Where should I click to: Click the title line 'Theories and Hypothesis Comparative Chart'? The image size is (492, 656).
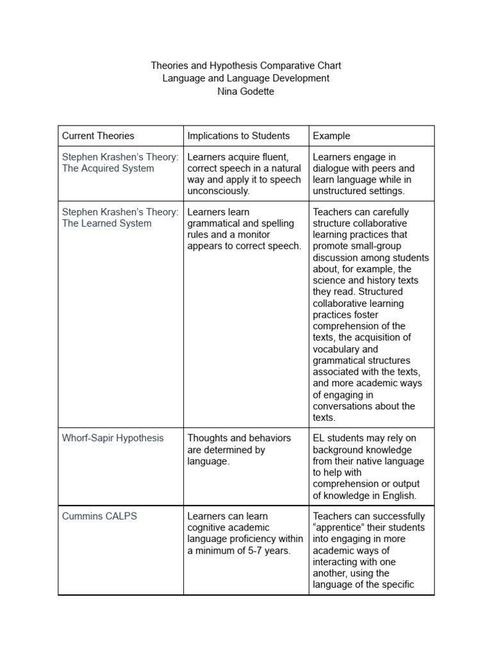[246, 65]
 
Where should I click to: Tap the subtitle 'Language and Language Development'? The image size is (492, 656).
[246, 78]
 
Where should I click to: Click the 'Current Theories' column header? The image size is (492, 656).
[98, 136]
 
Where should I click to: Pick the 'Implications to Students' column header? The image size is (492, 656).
[238, 136]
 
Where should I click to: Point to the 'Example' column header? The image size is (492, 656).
[331, 136]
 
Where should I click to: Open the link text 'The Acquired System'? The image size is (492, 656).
[108, 168]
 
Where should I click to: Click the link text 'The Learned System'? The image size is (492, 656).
[106, 224]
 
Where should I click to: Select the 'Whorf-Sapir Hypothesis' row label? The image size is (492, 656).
[113, 438]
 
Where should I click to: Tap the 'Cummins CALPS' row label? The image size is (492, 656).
[99, 516]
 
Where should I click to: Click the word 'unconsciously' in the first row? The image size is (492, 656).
[218, 192]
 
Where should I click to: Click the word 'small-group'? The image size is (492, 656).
[373, 247]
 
